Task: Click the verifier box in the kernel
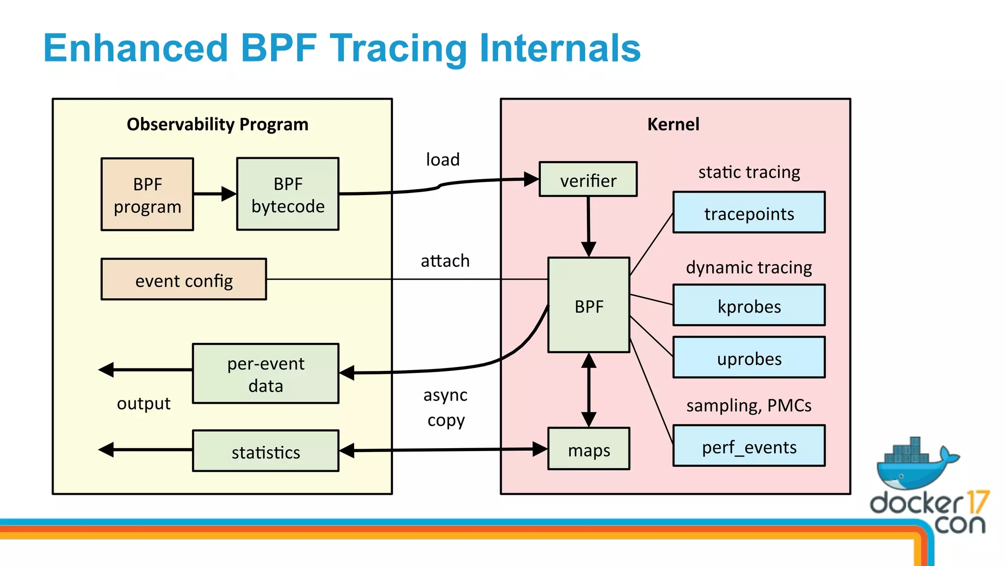588,180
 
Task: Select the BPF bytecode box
288,195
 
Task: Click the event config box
184,280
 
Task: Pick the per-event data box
266,374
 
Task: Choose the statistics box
266,452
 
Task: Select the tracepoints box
749,213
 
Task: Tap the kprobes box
749,306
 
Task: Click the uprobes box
749,358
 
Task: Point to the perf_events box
749,447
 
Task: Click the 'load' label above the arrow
443,160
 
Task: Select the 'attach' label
445,261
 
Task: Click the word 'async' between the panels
445,395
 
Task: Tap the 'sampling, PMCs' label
749,406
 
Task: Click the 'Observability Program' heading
218,124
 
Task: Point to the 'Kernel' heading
673,124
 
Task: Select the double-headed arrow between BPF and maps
588,390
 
